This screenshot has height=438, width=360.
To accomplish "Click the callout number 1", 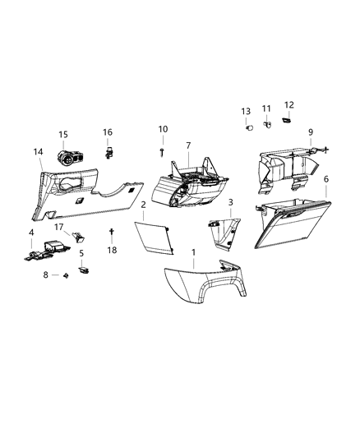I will (194, 251).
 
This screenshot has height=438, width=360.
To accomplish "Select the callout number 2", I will (143, 205).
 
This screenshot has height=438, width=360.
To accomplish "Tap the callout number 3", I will (231, 203).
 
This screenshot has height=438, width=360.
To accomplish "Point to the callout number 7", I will (187, 145).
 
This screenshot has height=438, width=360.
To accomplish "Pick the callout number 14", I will (38, 151).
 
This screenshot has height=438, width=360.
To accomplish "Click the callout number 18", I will (113, 249).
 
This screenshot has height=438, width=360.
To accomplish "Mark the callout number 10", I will (163, 129).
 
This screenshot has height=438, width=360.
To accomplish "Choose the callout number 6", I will (326, 179).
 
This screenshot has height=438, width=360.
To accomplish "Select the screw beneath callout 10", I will (163, 150).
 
